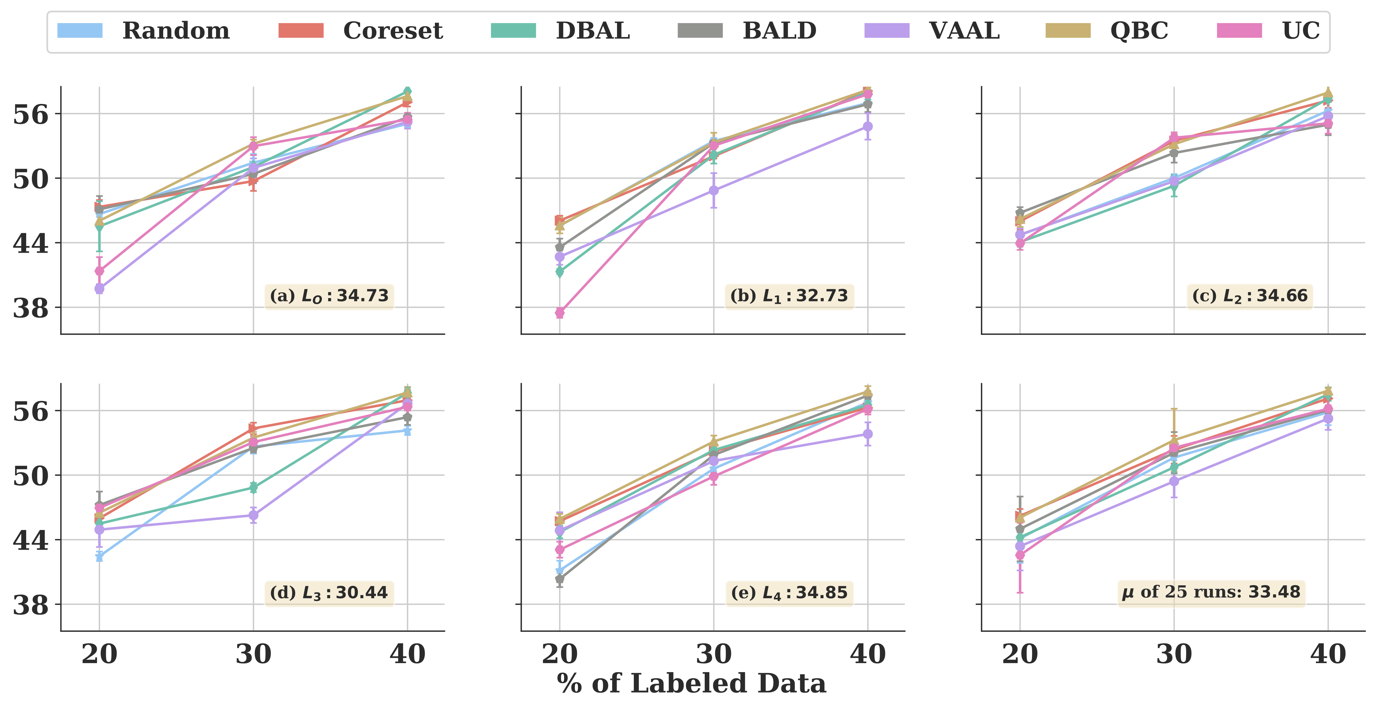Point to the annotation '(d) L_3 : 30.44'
[x=329, y=593]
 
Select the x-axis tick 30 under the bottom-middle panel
[x=714, y=654]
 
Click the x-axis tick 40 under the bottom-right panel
[x=1328, y=654]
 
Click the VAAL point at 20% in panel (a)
[x=99, y=289]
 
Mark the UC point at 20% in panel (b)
[x=560, y=313]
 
